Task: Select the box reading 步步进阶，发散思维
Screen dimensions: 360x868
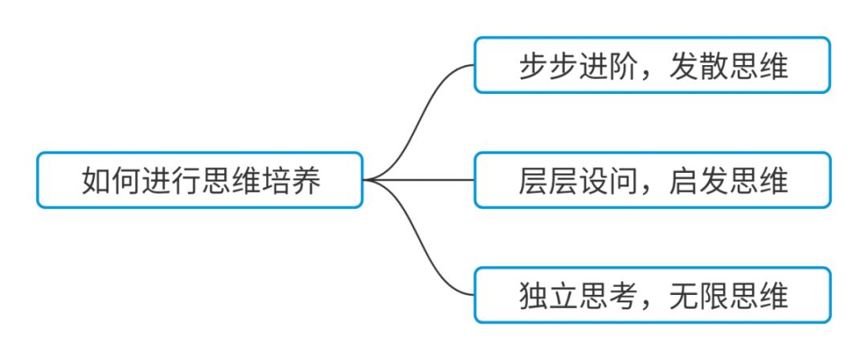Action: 652,65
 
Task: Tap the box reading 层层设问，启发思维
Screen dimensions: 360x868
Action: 652,180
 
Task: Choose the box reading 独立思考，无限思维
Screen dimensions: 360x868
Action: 652,295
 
